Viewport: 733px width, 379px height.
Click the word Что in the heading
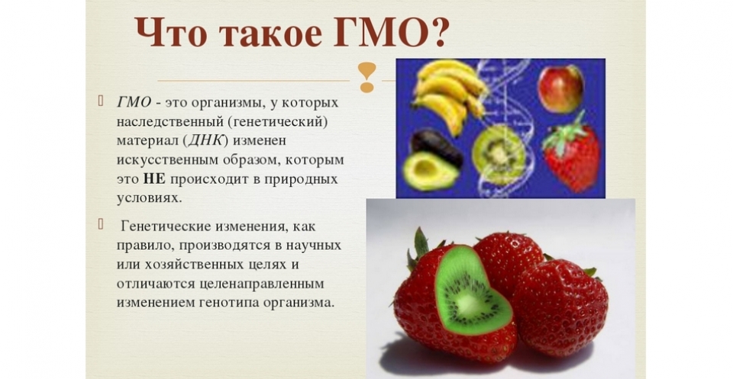click(170, 33)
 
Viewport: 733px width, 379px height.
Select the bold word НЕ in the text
click(154, 179)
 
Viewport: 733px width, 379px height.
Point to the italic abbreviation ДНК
click(205, 140)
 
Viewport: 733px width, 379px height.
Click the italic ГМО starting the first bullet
click(134, 102)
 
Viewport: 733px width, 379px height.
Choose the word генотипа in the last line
click(229, 303)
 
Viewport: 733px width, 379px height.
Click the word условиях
click(147, 198)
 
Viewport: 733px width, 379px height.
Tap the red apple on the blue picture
click(560, 88)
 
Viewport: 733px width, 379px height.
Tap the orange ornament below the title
click(367, 77)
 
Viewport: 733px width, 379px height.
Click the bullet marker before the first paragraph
click(101, 101)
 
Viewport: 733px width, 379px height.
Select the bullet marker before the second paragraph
click(101, 224)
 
